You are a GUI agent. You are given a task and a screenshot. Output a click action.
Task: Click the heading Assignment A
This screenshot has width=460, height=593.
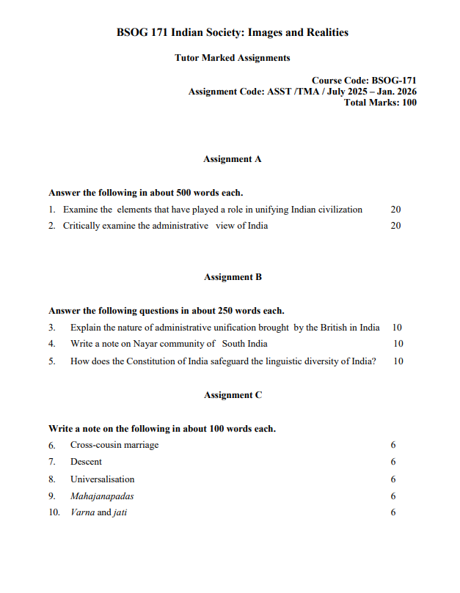(x=233, y=158)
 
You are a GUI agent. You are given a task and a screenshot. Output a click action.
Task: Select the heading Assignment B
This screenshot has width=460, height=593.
(x=233, y=277)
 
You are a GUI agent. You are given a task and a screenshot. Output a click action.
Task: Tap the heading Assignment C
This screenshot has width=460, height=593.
(x=233, y=395)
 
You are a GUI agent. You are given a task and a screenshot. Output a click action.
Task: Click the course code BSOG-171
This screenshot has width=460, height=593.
(x=395, y=81)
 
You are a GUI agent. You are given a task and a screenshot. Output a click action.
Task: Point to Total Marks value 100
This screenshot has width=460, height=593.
(x=409, y=103)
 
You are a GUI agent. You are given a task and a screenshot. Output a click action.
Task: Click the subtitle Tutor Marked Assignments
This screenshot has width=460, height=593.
(x=233, y=58)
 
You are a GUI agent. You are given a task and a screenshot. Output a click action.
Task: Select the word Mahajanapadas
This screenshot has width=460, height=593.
(x=102, y=496)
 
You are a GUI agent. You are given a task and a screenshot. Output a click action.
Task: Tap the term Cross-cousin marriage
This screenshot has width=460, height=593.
(x=114, y=445)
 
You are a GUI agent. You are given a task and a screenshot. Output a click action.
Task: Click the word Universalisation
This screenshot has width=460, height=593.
(x=102, y=479)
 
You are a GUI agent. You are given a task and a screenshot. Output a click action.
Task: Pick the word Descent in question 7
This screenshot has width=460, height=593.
(x=86, y=462)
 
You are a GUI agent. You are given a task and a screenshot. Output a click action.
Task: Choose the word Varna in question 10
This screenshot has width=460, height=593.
(x=82, y=513)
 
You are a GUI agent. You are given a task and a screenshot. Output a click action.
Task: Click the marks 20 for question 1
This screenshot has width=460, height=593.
(x=395, y=210)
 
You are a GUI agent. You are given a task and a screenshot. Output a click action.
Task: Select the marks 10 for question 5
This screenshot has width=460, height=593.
(x=398, y=361)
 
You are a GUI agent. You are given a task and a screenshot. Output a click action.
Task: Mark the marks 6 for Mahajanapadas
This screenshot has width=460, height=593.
(x=394, y=496)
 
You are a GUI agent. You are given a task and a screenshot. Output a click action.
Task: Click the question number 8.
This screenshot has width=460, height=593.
(x=52, y=479)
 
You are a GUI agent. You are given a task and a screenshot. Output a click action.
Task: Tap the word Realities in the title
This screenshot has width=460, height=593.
(x=325, y=32)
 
